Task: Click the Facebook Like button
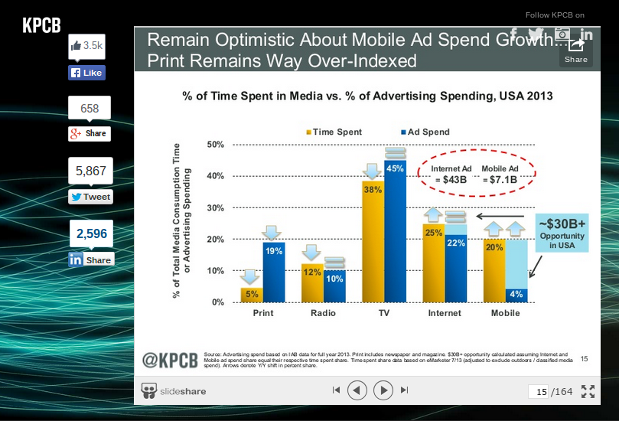(x=86, y=73)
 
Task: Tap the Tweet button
(x=90, y=197)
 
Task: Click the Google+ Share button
(x=89, y=133)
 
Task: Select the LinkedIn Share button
(x=91, y=259)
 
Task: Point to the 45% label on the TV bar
(x=396, y=168)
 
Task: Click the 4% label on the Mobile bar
(x=516, y=294)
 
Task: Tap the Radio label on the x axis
(x=323, y=313)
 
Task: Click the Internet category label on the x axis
(x=445, y=313)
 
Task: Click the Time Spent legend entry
(x=335, y=132)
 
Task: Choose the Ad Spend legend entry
(x=425, y=132)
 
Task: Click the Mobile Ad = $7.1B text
(x=500, y=174)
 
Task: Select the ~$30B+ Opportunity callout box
(x=562, y=230)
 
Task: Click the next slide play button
(x=383, y=390)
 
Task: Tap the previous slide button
(x=357, y=390)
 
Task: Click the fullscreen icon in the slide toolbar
(x=588, y=391)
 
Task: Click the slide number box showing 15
(x=540, y=391)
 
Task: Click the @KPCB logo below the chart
(x=171, y=358)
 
